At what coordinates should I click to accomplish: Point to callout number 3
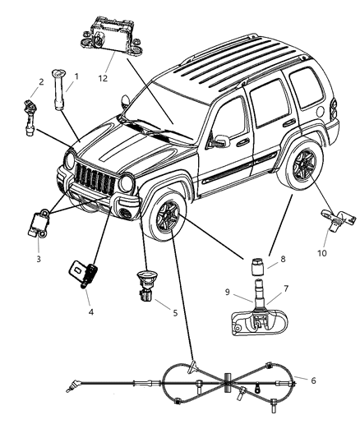[x=39, y=259]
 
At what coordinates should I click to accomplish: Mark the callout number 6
[x=314, y=380]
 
